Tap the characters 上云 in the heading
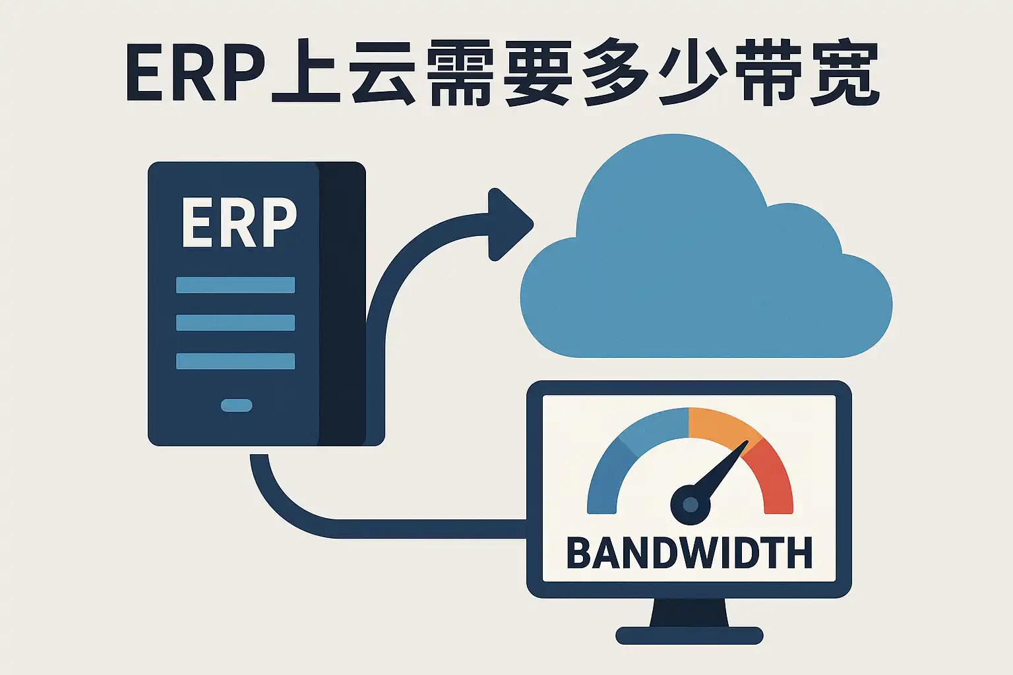point(344,73)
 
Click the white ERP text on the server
point(239,222)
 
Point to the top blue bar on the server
point(235,285)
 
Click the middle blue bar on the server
point(235,323)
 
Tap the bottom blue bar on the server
point(235,361)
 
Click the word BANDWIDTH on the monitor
point(689,552)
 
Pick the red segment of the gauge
point(774,479)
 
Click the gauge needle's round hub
point(690,504)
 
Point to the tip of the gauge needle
point(748,441)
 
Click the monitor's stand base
point(689,635)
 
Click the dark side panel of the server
point(342,304)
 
